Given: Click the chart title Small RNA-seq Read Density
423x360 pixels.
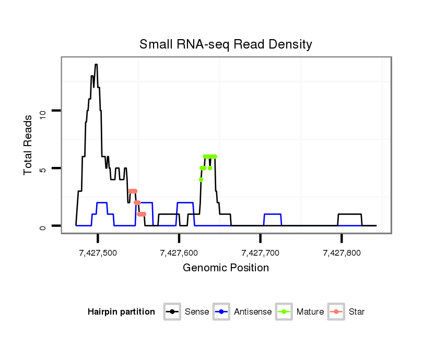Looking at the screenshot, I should point(226,44).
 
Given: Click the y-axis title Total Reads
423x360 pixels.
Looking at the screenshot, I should point(29,145).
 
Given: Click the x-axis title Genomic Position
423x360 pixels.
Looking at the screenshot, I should point(226,268).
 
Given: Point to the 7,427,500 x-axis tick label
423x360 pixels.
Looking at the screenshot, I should point(98,253).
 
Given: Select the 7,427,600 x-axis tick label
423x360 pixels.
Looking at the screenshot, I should point(179,253).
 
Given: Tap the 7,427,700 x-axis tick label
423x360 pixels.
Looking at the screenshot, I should point(261,253).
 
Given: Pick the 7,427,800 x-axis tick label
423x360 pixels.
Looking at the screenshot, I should point(342,253).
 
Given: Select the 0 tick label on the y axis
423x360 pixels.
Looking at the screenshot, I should point(43,226).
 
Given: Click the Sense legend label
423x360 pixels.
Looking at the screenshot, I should point(197,312).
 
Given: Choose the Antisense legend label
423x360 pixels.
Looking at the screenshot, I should point(253,312).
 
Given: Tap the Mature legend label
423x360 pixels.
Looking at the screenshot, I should point(310,312).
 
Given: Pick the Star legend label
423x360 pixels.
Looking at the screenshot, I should point(357,312).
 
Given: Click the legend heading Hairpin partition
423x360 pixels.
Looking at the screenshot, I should point(121,312).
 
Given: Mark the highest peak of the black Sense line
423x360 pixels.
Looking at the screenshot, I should point(96,65).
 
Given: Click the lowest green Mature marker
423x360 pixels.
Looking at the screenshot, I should point(201,179).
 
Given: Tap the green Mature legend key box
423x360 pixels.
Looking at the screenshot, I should point(284,312).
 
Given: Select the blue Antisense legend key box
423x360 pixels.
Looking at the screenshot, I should point(222,312).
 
